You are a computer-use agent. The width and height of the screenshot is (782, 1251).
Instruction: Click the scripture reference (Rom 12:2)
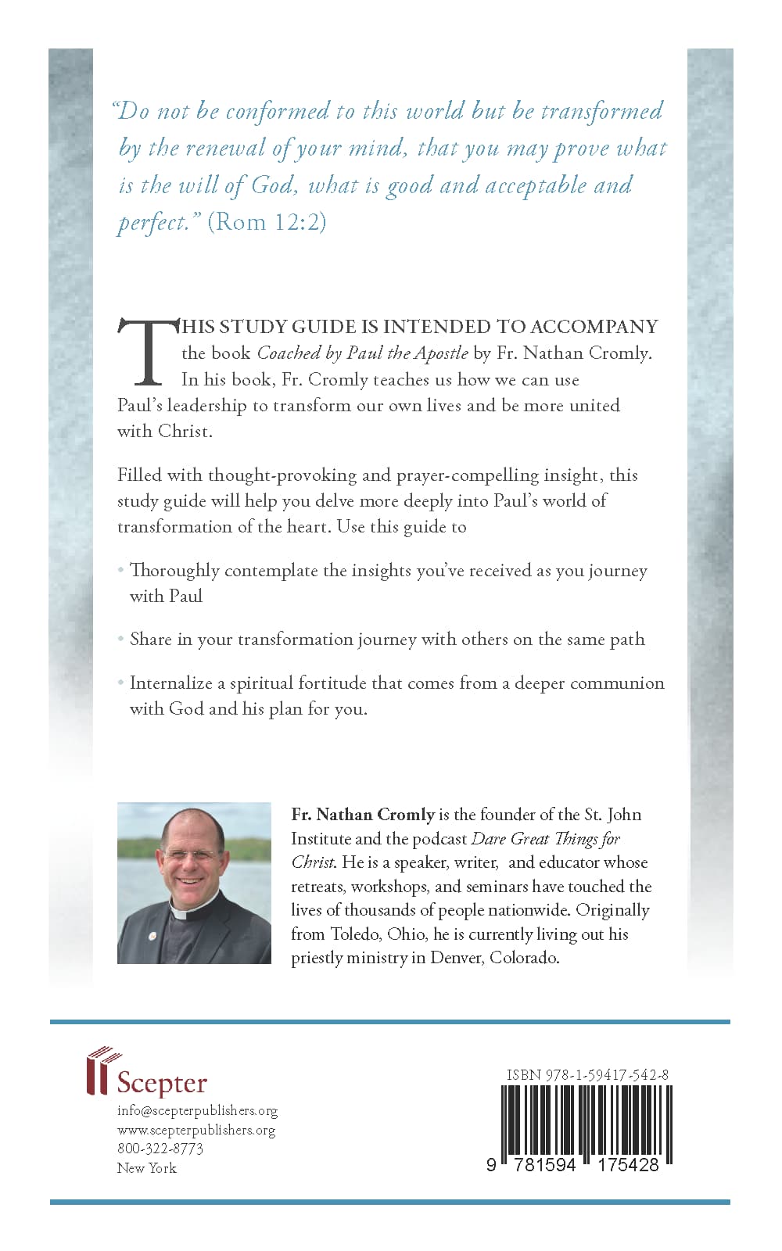(x=267, y=223)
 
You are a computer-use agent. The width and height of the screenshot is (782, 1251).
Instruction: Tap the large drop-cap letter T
(x=147, y=352)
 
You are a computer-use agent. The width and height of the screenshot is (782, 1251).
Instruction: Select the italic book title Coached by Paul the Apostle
(x=362, y=353)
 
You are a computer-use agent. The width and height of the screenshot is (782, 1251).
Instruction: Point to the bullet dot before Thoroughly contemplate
(x=121, y=571)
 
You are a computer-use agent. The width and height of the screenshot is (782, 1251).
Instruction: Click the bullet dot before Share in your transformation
(x=121, y=640)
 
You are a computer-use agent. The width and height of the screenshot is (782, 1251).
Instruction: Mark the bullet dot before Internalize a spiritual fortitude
(x=121, y=683)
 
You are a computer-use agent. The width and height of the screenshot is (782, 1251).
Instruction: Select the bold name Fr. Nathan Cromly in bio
(x=363, y=815)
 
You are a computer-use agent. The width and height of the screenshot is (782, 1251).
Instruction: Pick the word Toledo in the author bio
(x=357, y=934)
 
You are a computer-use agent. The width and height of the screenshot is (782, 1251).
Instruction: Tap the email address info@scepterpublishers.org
(x=197, y=1111)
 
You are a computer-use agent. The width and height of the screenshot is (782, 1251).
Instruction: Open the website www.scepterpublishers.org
(x=196, y=1131)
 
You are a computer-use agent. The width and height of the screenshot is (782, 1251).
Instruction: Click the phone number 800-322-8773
(x=160, y=1149)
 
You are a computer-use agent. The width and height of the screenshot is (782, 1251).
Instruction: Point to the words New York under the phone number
(x=147, y=1168)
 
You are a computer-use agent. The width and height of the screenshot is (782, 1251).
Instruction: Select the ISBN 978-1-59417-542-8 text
(x=587, y=1075)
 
